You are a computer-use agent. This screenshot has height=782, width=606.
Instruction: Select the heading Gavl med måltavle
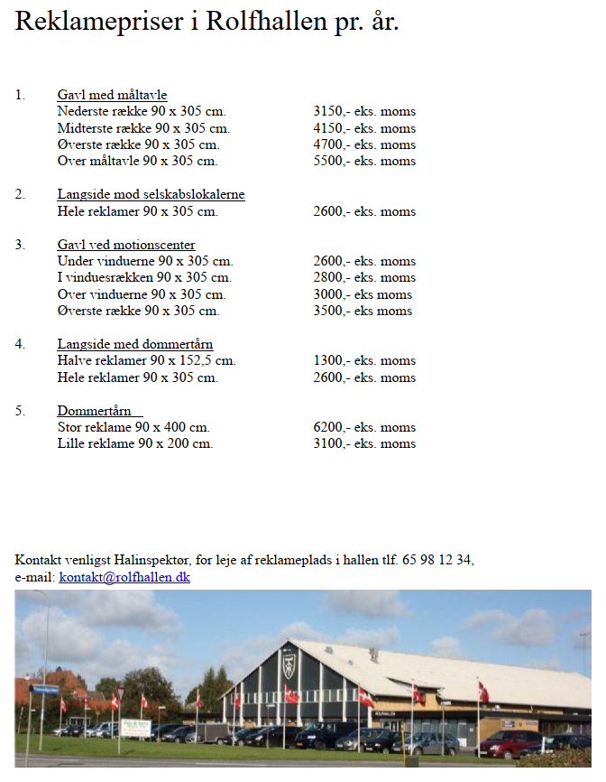pos(112,96)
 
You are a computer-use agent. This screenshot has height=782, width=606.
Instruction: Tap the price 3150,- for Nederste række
pos(330,112)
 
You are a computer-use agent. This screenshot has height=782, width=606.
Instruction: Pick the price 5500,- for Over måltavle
pos(330,162)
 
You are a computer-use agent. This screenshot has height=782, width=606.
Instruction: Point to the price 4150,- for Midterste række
pos(330,129)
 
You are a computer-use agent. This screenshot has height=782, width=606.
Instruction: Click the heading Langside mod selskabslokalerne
pos(151,195)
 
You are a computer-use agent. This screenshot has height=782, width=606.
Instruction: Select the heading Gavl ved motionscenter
pos(126,246)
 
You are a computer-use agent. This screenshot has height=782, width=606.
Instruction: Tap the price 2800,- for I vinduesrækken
pos(330,278)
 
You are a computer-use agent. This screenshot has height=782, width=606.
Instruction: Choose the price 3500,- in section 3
pos(330,312)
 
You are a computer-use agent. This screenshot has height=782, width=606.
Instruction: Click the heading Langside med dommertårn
pos(135,345)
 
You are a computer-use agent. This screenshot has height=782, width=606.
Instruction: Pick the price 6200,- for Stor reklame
pos(330,428)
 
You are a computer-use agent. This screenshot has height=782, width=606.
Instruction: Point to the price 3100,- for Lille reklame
pos(330,444)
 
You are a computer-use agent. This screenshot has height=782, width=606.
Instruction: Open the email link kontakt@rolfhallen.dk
pos(124,577)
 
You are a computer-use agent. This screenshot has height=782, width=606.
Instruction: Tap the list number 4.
pos(20,345)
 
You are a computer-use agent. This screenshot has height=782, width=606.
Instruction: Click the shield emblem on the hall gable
pos(289,666)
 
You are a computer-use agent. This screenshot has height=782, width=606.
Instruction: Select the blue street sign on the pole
pos(43,689)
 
